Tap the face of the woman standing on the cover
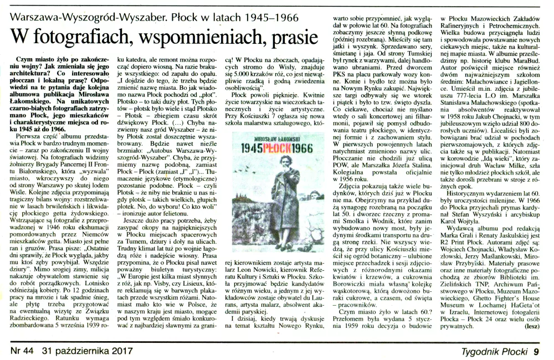290,166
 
